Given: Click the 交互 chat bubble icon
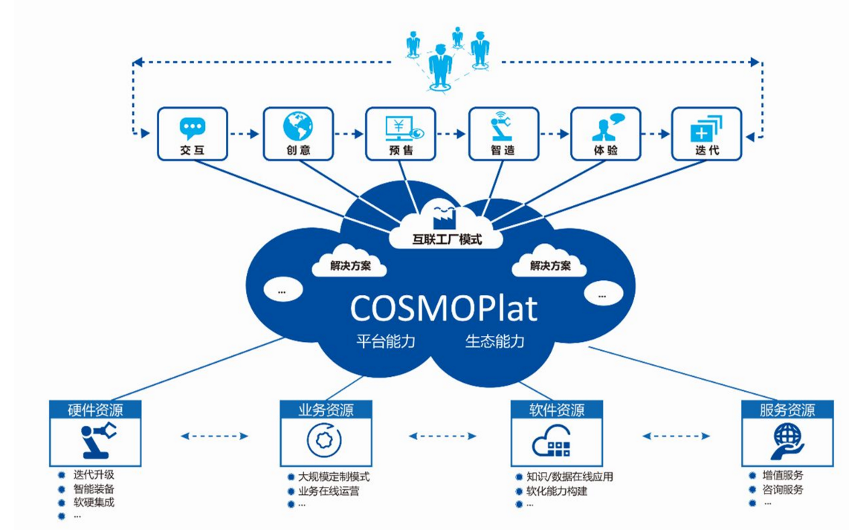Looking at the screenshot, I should point(192,128).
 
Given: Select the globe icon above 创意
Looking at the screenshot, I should point(297,126).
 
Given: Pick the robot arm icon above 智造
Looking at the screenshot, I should point(503,126).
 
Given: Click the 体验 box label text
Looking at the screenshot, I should point(605,150).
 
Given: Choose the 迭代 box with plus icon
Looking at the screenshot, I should point(706,134).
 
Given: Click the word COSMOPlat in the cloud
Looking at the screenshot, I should point(443,308).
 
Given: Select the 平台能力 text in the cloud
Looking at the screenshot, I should point(384,342).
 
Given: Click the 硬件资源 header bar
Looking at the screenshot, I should point(95,410).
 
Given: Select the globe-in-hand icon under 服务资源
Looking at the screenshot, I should point(787,439).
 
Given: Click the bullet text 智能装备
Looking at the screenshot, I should point(94,489).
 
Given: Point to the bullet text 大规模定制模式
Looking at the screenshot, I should point(334,476).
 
